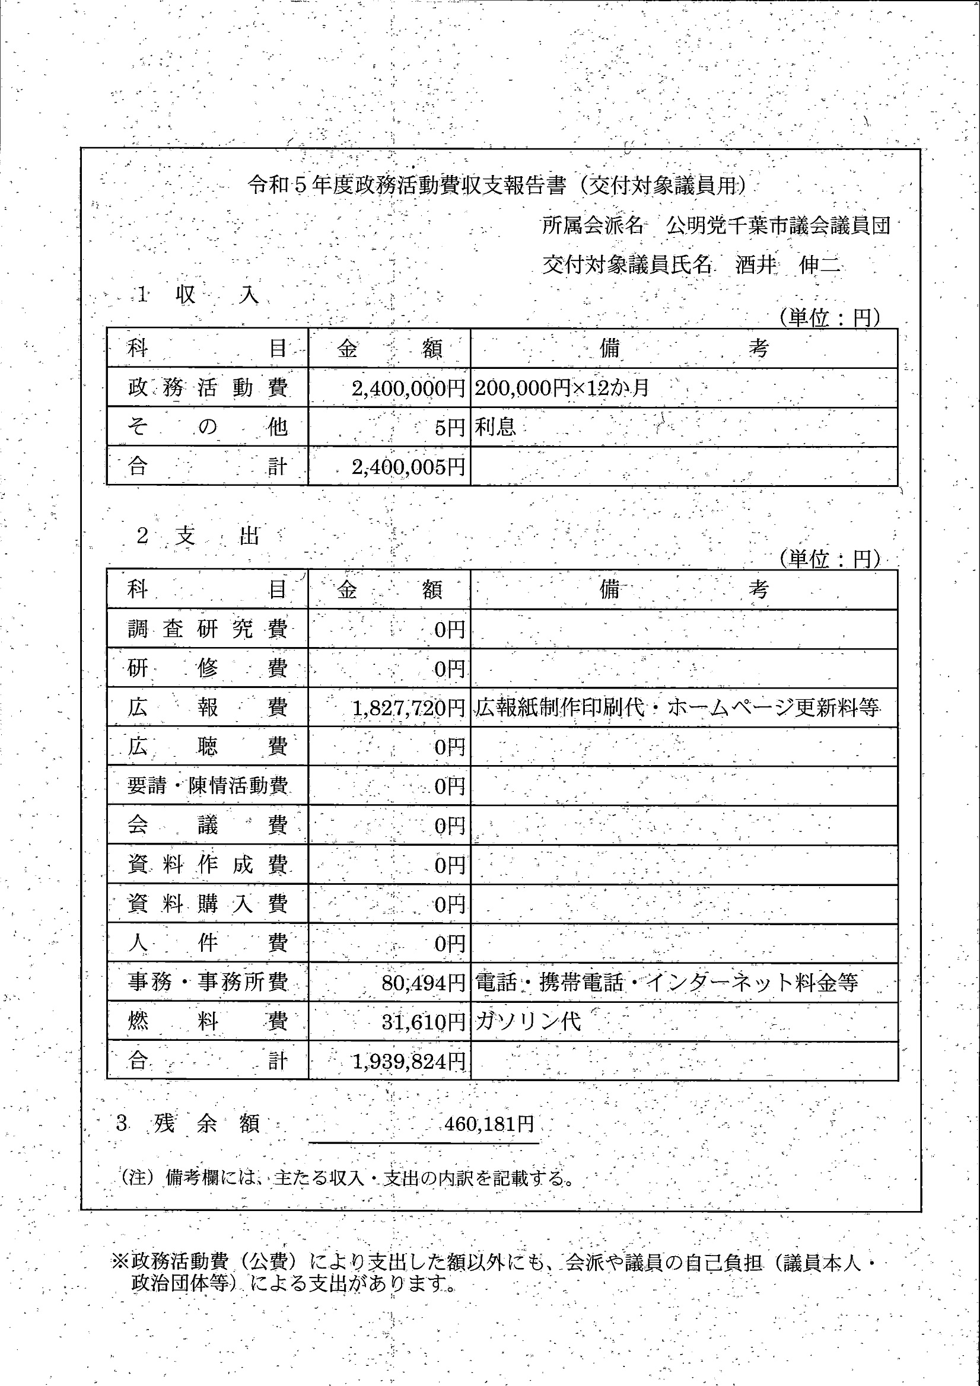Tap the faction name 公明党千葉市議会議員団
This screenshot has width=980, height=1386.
pyautogui.click(x=778, y=226)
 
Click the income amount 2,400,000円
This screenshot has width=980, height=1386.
pyautogui.click(x=408, y=388)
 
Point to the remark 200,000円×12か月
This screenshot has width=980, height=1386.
pyautogui.click(x=562, y=387)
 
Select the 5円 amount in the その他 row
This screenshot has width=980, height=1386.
pyautogui.click(x=449, y=428)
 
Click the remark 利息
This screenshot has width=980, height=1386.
pyautogui.click(x=495, y=427)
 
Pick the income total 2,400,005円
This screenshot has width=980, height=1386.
pyautogui.click(x=408, y=467)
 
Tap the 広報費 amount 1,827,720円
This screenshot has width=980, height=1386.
pyautogui.click(x=408, y=708)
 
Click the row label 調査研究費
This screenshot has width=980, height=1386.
pyautogui.click(x=207, y=629)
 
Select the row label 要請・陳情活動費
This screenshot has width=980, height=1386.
pyautogui.click(x=207, y=785)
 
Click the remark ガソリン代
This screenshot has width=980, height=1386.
pyautogui.click(x=528, y=1021)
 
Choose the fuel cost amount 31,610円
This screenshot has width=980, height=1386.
pyautogui.click(x=423, y=1022)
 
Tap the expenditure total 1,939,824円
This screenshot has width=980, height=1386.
pyautogui.click(x=408, y=1060)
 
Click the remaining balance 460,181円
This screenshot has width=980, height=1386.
pyautogui.click(x=489, y=1123)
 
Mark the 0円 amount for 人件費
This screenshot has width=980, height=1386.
pyautogui.click(x=449, y=943)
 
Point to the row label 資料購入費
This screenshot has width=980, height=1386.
pyautogui.click(x=207, y=904)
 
